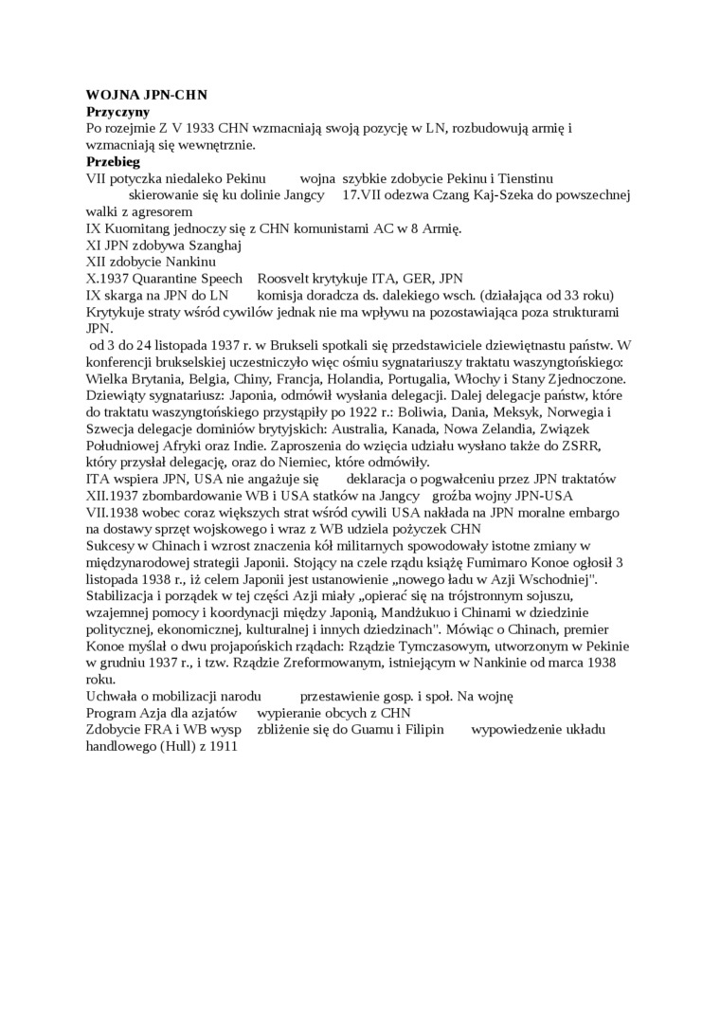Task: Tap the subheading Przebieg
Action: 113,162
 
